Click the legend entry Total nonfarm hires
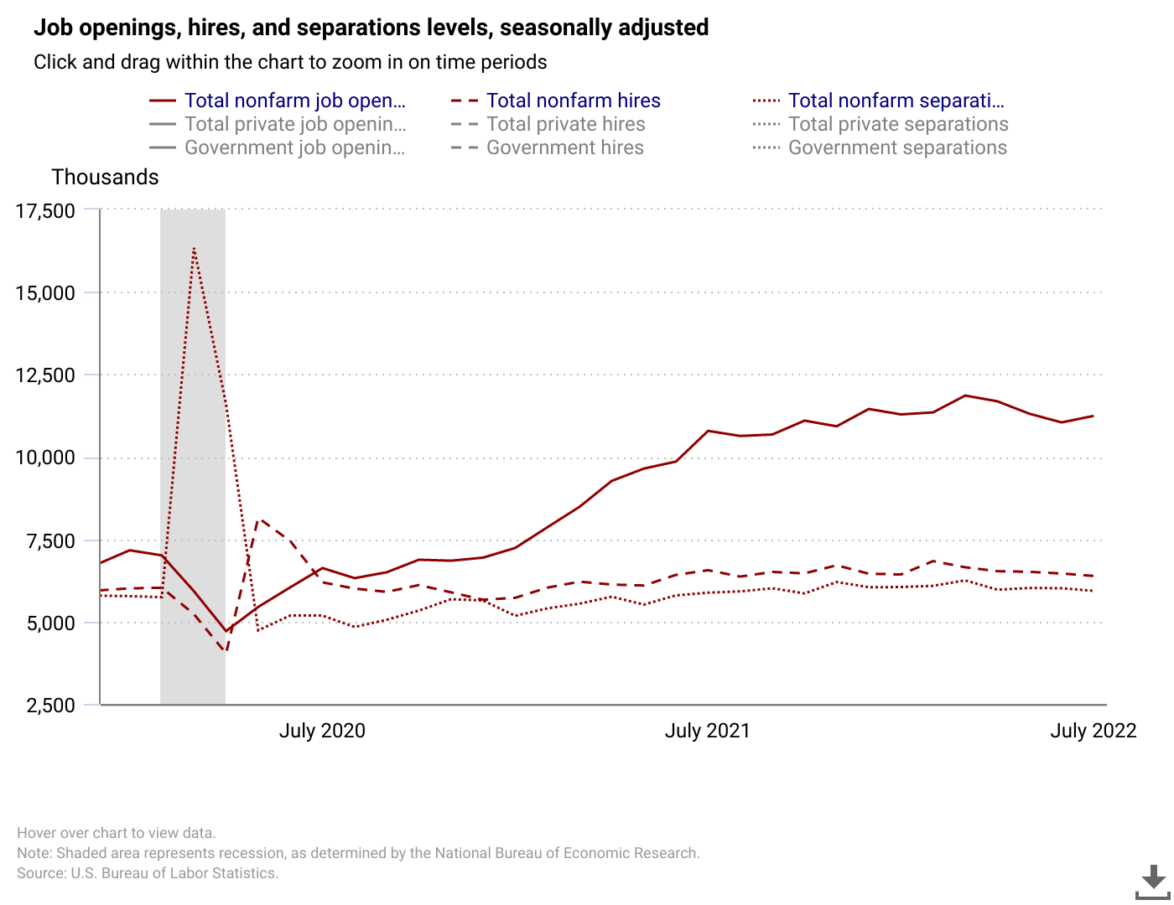click(573, 101)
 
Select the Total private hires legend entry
click(565, 124)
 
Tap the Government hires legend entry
click(564, 147)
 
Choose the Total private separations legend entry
click(897, 124)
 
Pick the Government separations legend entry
click(896, 147)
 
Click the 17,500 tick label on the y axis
click(45, 211)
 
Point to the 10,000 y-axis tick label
click(45, 458)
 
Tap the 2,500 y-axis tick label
click(51, 706)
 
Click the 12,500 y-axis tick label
click(45, 375)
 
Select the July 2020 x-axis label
click(322, 731)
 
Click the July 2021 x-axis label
click(707, 731)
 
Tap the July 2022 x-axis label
click(1093, 731)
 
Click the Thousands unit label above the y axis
click(105, 177)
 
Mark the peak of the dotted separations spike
click(194, 248)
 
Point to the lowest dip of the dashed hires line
click(225, 650)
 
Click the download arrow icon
click(1153, 881)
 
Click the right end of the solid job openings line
click(1093, 416)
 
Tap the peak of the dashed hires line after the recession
click(259, 520)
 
